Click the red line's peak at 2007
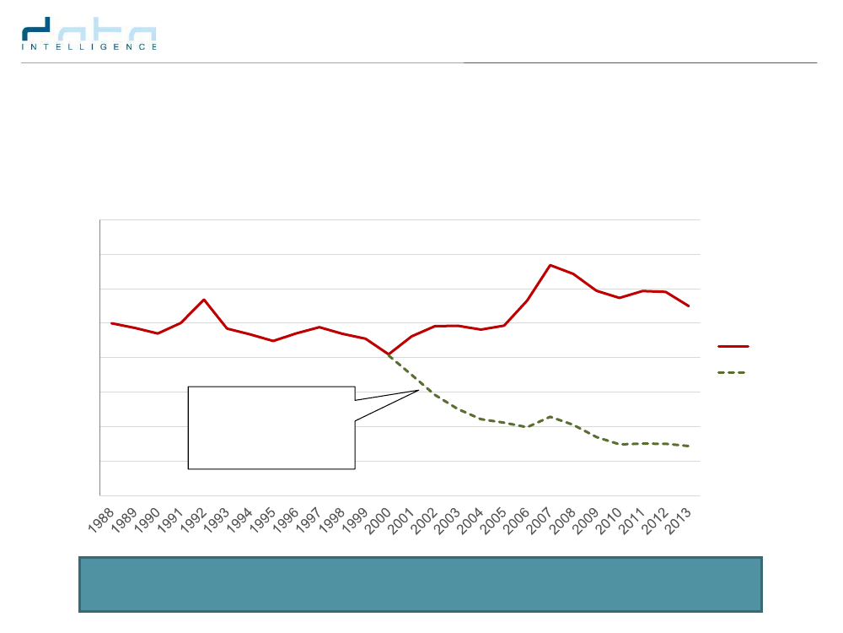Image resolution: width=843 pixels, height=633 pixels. pos(550,265)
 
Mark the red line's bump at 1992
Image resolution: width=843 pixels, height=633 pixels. pos(204,300)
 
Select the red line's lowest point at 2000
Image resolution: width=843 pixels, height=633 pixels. pos(389,354)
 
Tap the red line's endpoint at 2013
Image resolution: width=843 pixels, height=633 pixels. pos(689,306)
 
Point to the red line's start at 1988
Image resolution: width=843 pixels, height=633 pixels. pos(112,323)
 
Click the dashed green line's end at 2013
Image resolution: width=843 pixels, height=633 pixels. pos(689,446)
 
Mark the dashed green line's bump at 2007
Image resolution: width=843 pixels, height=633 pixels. pos(550,416)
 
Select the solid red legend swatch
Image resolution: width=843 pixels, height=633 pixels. pos(733,346)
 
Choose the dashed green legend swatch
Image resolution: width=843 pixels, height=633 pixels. pos(733,372)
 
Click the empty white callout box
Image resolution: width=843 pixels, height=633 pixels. pos(271,427)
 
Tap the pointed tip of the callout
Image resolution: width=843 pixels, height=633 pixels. pos(419,390)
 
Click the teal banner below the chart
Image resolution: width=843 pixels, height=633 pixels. pos(421,583)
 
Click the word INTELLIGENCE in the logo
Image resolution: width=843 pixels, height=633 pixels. pos(89,47)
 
